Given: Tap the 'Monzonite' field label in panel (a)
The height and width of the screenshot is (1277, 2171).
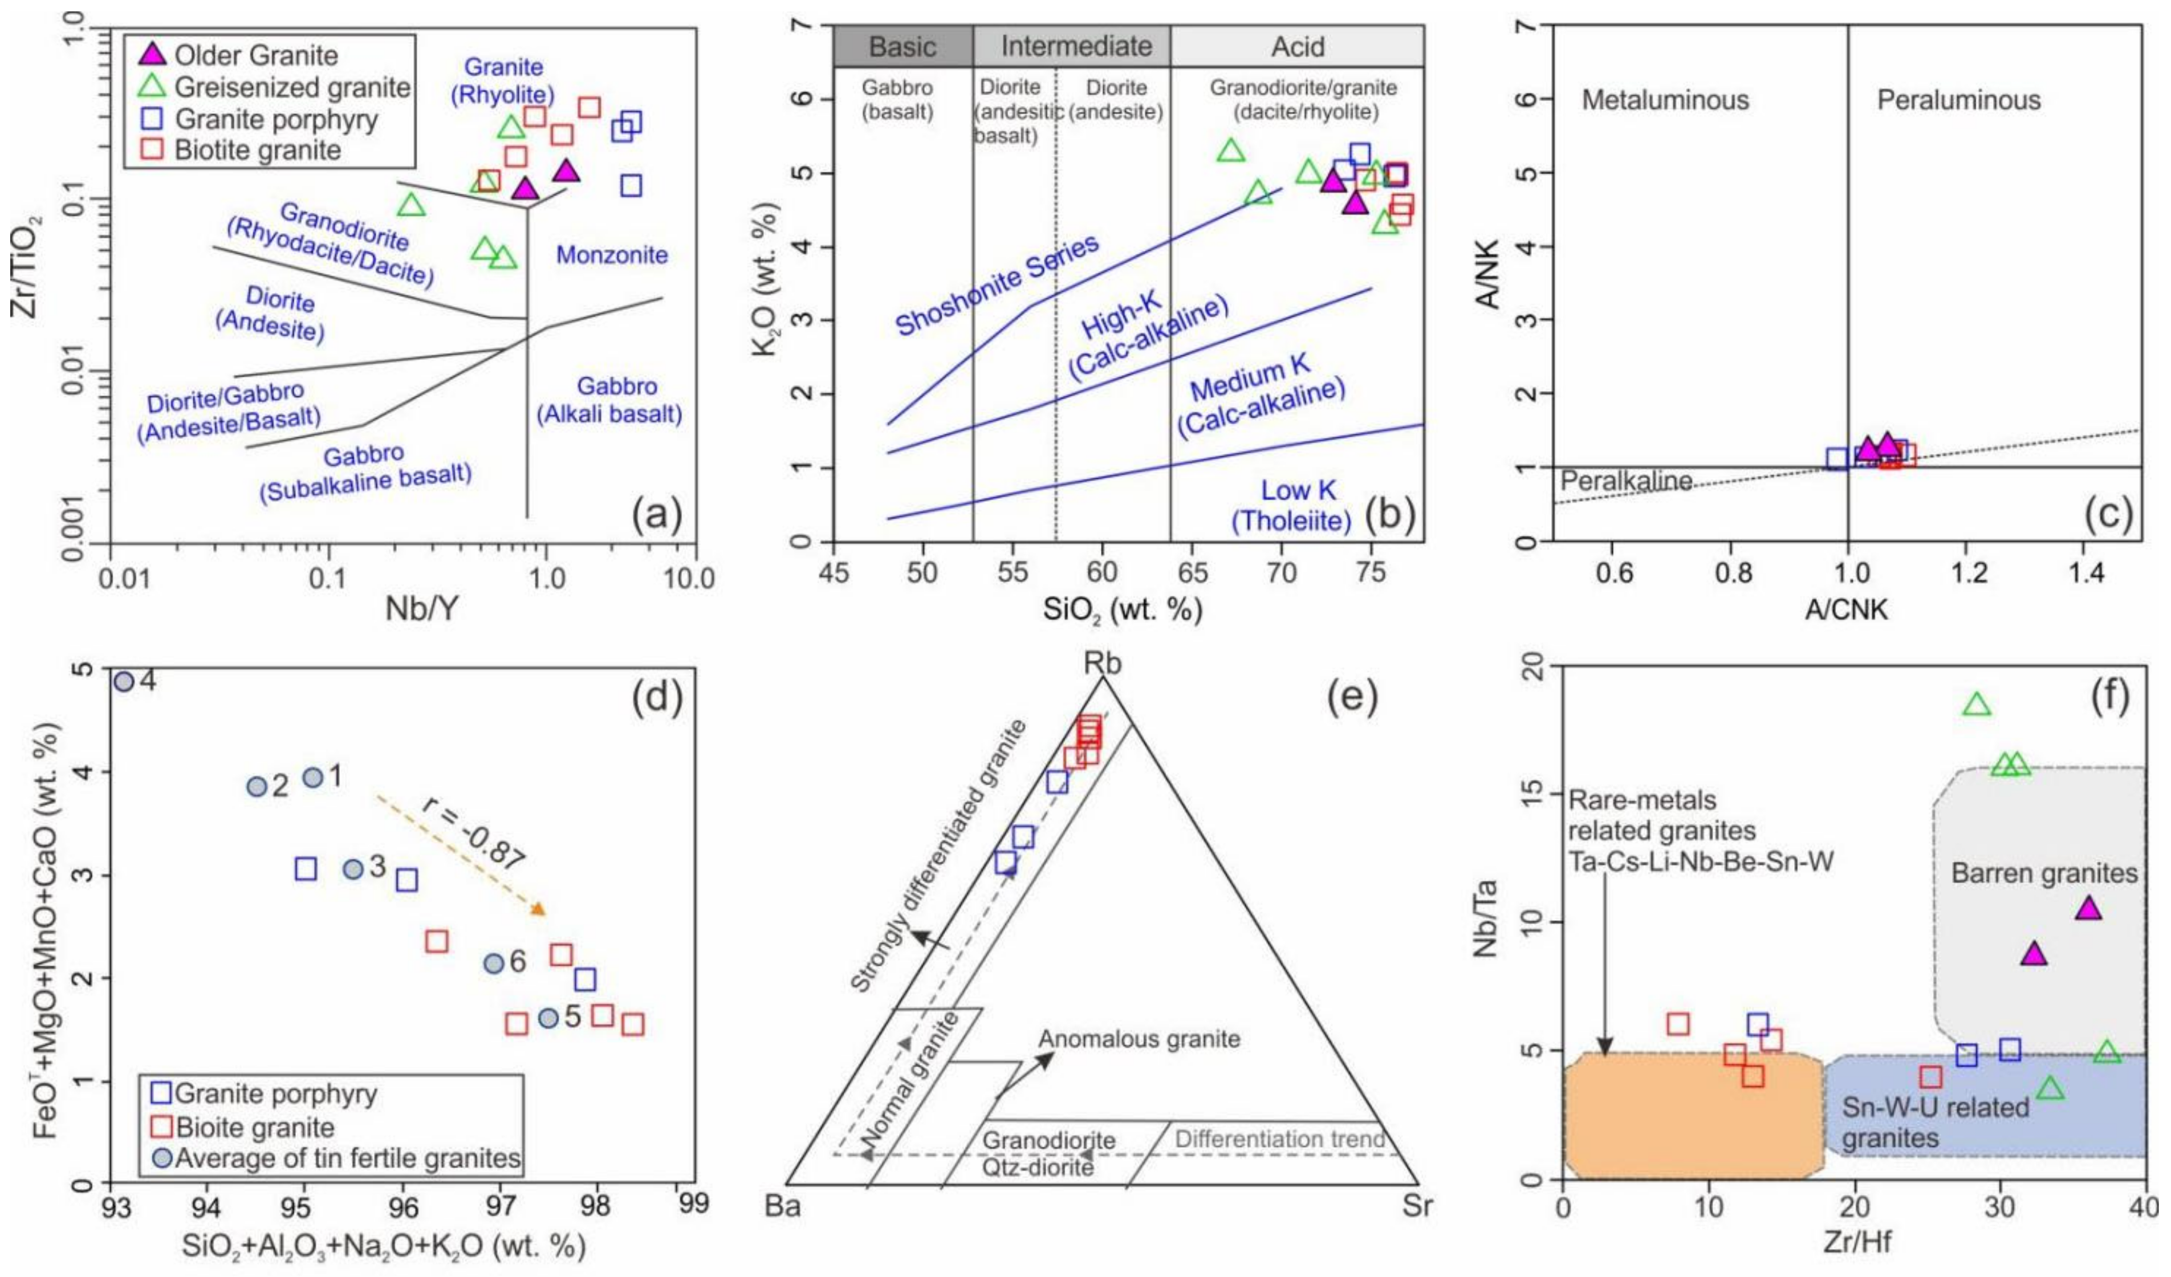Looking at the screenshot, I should click(x=612, y=255).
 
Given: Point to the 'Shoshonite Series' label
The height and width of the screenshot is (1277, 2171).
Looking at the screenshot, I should click(x=998, y=284).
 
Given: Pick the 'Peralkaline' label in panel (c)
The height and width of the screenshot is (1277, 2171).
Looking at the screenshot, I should click(x=1625, y=481).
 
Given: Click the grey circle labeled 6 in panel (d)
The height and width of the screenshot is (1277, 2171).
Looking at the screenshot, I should click(x=494, y=963).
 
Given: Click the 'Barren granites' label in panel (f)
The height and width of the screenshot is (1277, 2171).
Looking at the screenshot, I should click(x=2043, y=874).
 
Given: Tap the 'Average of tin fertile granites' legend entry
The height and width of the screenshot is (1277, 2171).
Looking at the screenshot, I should click(x=347, y=1158).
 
